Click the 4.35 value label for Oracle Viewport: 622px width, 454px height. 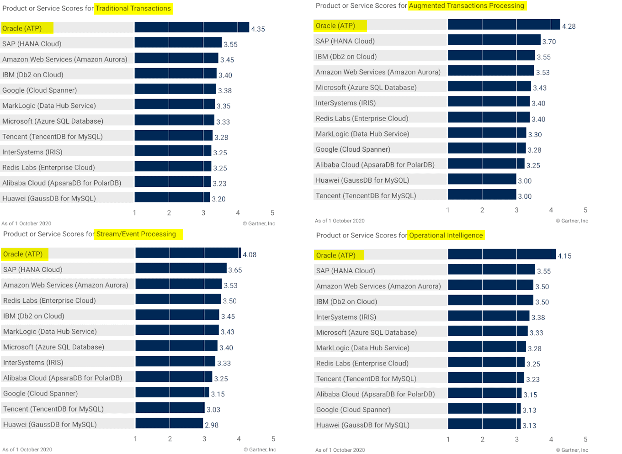pyautogui.click(x=258, y=29)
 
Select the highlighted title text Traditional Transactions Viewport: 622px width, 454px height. pyautogui.click(x=133, y=8)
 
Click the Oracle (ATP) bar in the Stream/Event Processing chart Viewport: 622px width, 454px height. pyautogui.click(x=188, y=253)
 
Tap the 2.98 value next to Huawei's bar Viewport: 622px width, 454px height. pyautogui.click(x=212, y=425)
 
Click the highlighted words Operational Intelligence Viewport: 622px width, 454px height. pyautogui.click(x=446, y=235)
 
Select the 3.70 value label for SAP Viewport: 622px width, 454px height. pyautogui.click(x=549, y=42)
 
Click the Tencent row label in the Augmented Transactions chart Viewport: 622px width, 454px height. pyautogui.click(x=366, y=195)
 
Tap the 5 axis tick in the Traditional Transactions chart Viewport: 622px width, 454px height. pyautogui.click(x=272, y=213)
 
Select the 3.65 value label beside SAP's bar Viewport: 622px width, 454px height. pyautogui.click(x=235, y=270)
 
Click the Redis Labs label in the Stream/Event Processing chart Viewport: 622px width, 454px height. pyautogui.click(x=49, y=301)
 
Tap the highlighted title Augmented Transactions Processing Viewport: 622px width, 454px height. pyautogui.click(x=466, y=5)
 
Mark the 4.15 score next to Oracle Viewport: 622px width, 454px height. pyautogui.click(x=564, y=256)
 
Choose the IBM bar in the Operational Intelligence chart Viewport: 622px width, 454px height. pyautogui.click(x=490, y=301)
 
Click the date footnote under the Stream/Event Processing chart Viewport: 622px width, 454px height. pyautogui.click(x=27, y=449)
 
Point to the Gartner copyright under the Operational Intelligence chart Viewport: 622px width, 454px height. pyautogui.click(x=572, y=450)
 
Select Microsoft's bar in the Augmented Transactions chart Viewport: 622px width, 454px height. pyautogui.click(x=489, y=87)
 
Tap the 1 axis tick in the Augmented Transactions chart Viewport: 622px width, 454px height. pyautogui.click(x=448, y=210)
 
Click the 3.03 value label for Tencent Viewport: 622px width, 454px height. pyautogui.click(x=213, y=410)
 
